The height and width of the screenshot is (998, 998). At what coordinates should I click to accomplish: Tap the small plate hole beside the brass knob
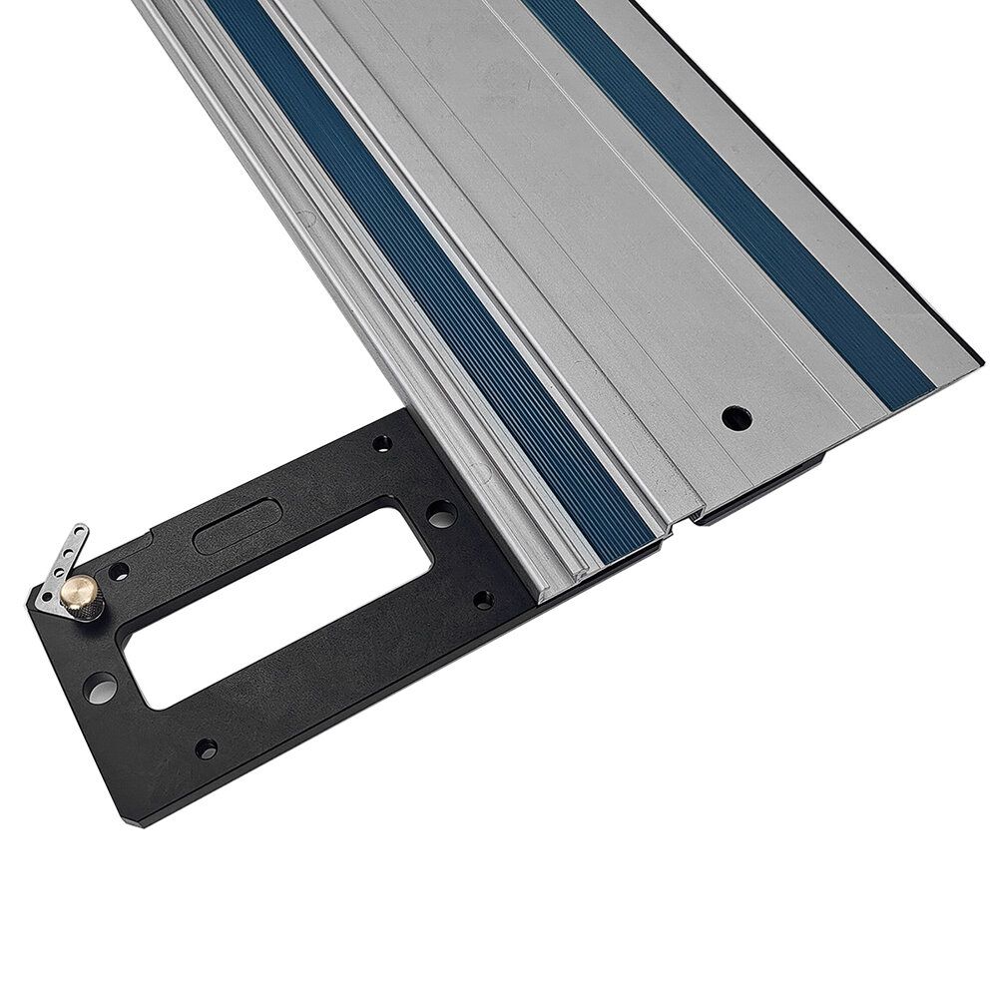click(119, 572)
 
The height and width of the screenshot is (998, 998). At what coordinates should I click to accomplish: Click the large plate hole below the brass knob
click(97, 689)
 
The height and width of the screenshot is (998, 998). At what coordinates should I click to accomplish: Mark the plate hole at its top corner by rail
click(381, 442)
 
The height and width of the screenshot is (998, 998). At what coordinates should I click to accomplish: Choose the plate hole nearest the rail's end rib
click(483, 600)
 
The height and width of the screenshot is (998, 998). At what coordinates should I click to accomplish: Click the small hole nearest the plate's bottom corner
click(206, 748)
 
